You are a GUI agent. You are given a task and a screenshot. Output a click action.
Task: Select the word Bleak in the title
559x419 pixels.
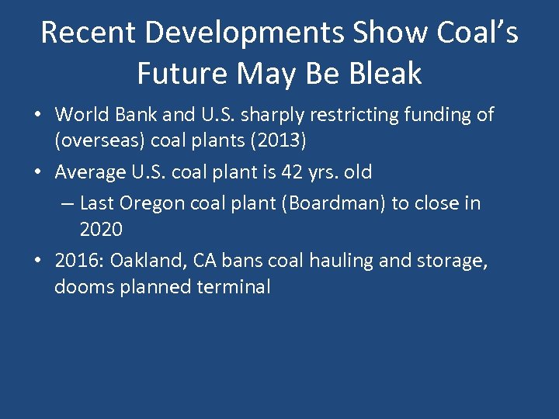pyautogui.click(x=386, y=74)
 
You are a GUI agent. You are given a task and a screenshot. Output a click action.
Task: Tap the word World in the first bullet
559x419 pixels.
pyautogui.click(x=79, y=116)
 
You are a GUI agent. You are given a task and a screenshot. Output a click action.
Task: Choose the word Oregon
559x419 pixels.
pyautogui.click(x=153, y=203)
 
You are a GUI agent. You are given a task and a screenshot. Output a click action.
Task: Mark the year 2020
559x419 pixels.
pyautogui.click(x=101, y=230)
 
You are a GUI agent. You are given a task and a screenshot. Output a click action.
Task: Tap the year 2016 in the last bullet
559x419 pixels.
pyautogui.click(x=76, y=260)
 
